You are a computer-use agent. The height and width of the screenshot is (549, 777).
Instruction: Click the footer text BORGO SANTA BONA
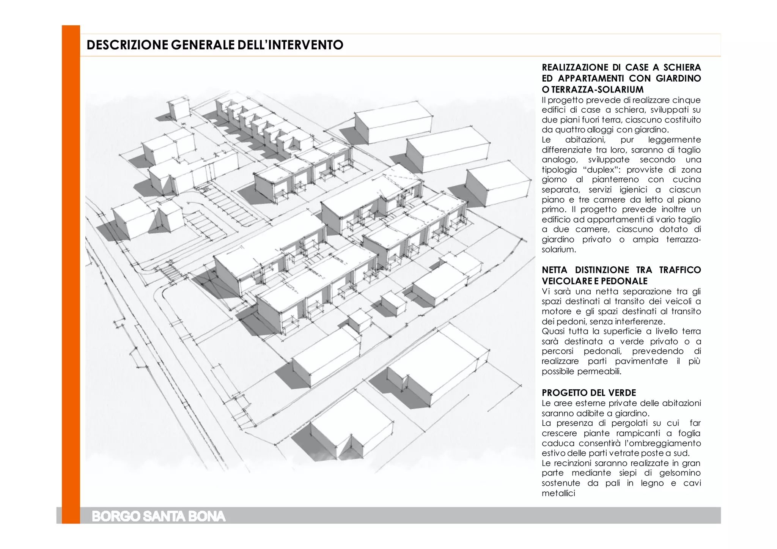[159, 517]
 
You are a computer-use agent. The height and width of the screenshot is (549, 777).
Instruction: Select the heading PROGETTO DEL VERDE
[589, 393]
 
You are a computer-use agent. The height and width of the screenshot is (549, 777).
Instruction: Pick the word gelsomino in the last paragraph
[680, 473]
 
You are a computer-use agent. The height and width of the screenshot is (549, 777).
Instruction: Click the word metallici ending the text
[558, 493]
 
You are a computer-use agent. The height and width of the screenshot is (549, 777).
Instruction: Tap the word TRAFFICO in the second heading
[680, 270]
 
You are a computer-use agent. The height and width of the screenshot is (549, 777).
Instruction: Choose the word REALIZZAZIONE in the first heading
[569, 68]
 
